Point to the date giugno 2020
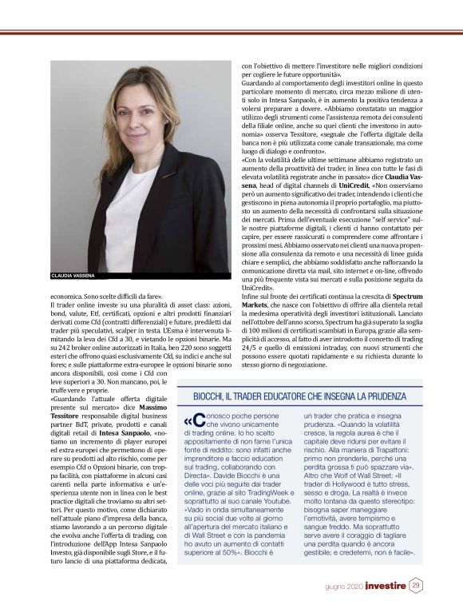click(x=344, y=587)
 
